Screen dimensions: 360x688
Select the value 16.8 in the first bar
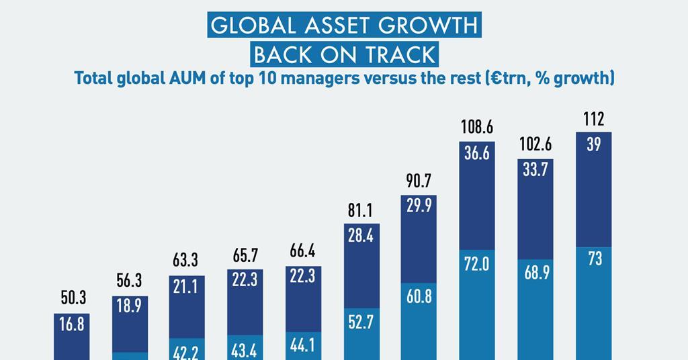pyautogui.click(x=72, y=325)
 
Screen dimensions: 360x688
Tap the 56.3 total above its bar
pyautogui.click(x=130, y=281)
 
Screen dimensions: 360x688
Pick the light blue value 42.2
pyautogui.click(x=187, y=352)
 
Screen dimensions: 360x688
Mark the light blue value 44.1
pyautogui.click(x=302, y=345)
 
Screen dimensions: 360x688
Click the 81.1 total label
pyautogui.click(x=361, y=211)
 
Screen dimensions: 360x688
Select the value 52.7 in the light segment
pyautogui.click(x=361, y=323)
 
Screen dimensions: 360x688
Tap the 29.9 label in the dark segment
pyautogui.click(x=419, y=207)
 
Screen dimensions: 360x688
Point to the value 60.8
pyautogui.click(x=419, y=296)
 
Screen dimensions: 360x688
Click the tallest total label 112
pyautogui.click(x=594, y=119)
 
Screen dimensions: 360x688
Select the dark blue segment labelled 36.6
pyautogui.click(x=477, y=153)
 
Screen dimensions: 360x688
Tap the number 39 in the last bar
pyautogui.click(x=594, y=144)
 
